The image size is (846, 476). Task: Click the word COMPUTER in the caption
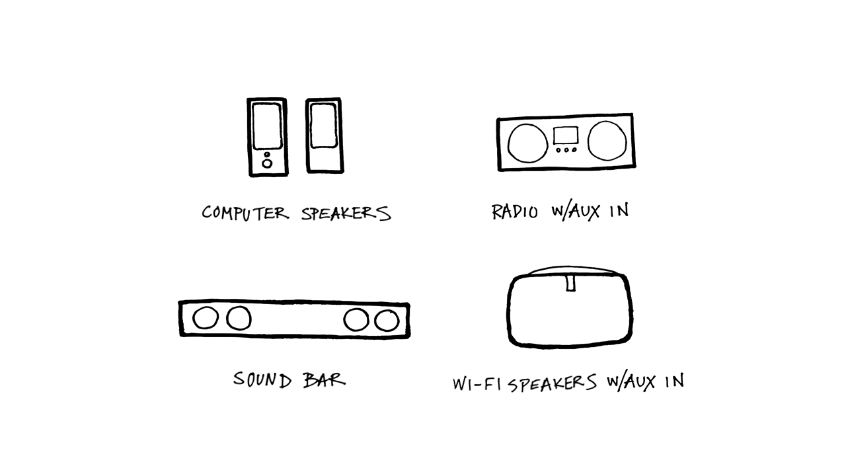pos(245,213)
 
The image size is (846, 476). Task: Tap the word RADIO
pos(515,212)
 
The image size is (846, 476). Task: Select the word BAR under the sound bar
pos(325,380)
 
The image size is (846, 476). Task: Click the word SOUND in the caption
pos(262,379)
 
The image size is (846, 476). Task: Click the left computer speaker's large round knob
pos(267,163)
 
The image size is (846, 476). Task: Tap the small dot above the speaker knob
pos(267,155)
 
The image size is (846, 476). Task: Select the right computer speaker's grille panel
pos(323,126)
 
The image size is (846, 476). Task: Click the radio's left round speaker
pos(527,143)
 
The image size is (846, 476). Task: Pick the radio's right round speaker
pos(607,141)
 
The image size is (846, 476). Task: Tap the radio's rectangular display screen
pos(566,136)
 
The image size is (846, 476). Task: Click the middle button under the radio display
pos(566,150)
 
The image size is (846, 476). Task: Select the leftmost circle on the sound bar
pos(206,318)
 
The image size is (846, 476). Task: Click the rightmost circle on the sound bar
pos(387,321)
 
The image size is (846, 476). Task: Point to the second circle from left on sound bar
pos(239,318)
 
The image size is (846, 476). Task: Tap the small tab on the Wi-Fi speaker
pos(570,283)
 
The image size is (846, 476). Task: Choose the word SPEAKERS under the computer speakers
pos(346,214)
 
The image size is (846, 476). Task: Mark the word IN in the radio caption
pos(619,210)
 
